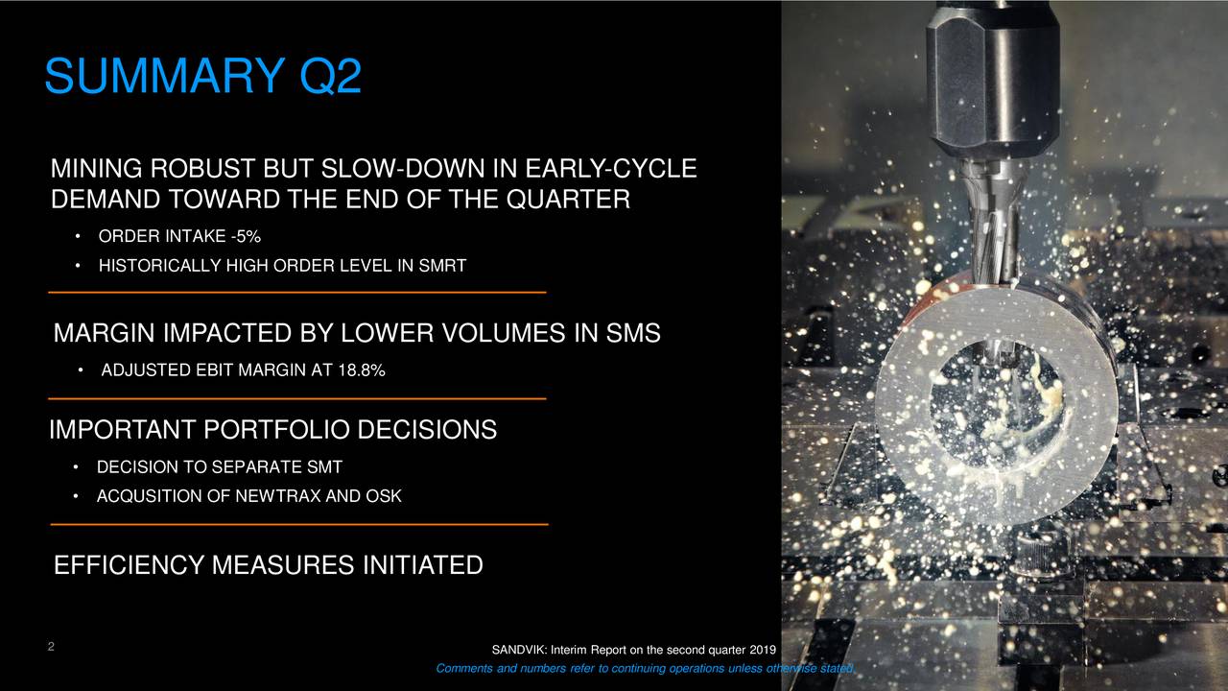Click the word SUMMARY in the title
(164, 77)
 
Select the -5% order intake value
(244, 237)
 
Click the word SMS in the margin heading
(631, 334)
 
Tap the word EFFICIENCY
(129, 565)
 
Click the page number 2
(49, 647)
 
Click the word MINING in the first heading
(93, 171)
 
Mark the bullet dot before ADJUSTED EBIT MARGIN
(83, 371)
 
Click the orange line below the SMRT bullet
(296, 292)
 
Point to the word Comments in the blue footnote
(465, 669)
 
